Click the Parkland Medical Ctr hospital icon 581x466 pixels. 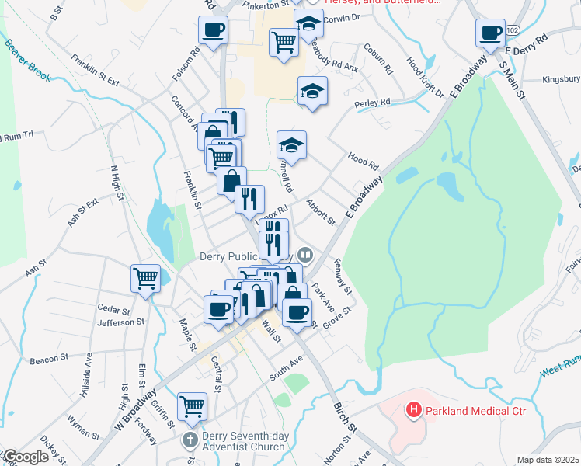[x=414, y=409]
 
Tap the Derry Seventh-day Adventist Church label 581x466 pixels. [x=245, y=441]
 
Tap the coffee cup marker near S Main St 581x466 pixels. [x=491, y=33]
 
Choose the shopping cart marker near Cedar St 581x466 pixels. [x=146, y=278]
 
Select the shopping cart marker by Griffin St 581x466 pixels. [x=192, y=406]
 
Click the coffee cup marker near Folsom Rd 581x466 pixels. [x=213, y=32]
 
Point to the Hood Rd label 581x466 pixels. [x=363, y=161]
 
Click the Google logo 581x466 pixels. [x=26, y=457]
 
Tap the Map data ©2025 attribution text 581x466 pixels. [x=548, y=460]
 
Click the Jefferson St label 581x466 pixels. [x=122, y=322]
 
